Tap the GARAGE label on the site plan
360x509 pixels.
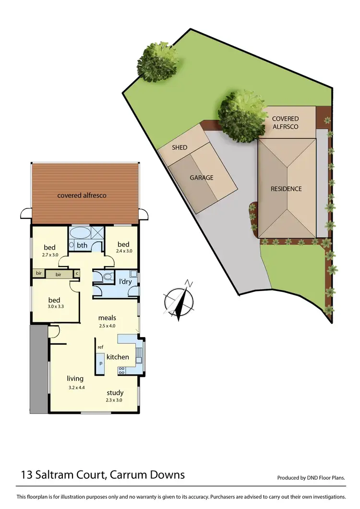[202, 178]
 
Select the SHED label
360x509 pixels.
[180, 147]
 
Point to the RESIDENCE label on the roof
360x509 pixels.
[286, 189]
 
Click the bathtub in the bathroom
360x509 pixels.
[79, 234]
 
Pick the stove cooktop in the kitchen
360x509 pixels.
[122, 370]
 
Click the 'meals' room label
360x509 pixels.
[107, 317]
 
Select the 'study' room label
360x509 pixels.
[115, 392]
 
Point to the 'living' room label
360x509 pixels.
[75, 378]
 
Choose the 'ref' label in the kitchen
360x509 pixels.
[100, 347]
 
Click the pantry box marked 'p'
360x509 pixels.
[101, 363]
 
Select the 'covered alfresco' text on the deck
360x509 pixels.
[82, 195]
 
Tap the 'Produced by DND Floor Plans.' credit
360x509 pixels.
[312, 478]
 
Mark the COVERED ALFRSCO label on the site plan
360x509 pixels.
[285, 122]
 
